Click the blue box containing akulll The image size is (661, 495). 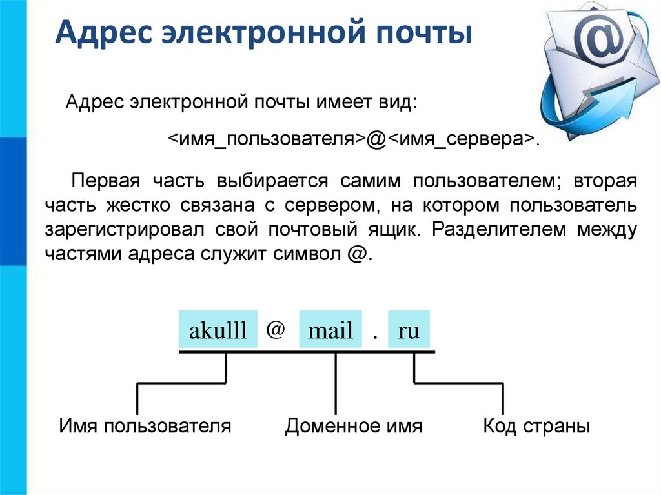click(218, 332)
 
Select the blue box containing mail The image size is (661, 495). click(330, 332)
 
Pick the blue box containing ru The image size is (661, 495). click(409, 332)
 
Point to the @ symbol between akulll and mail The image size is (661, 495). click(275, 330)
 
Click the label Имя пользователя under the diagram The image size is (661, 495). click(145, 426)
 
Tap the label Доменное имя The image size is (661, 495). click(354, 426)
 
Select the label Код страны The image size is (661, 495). click(536, 426)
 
